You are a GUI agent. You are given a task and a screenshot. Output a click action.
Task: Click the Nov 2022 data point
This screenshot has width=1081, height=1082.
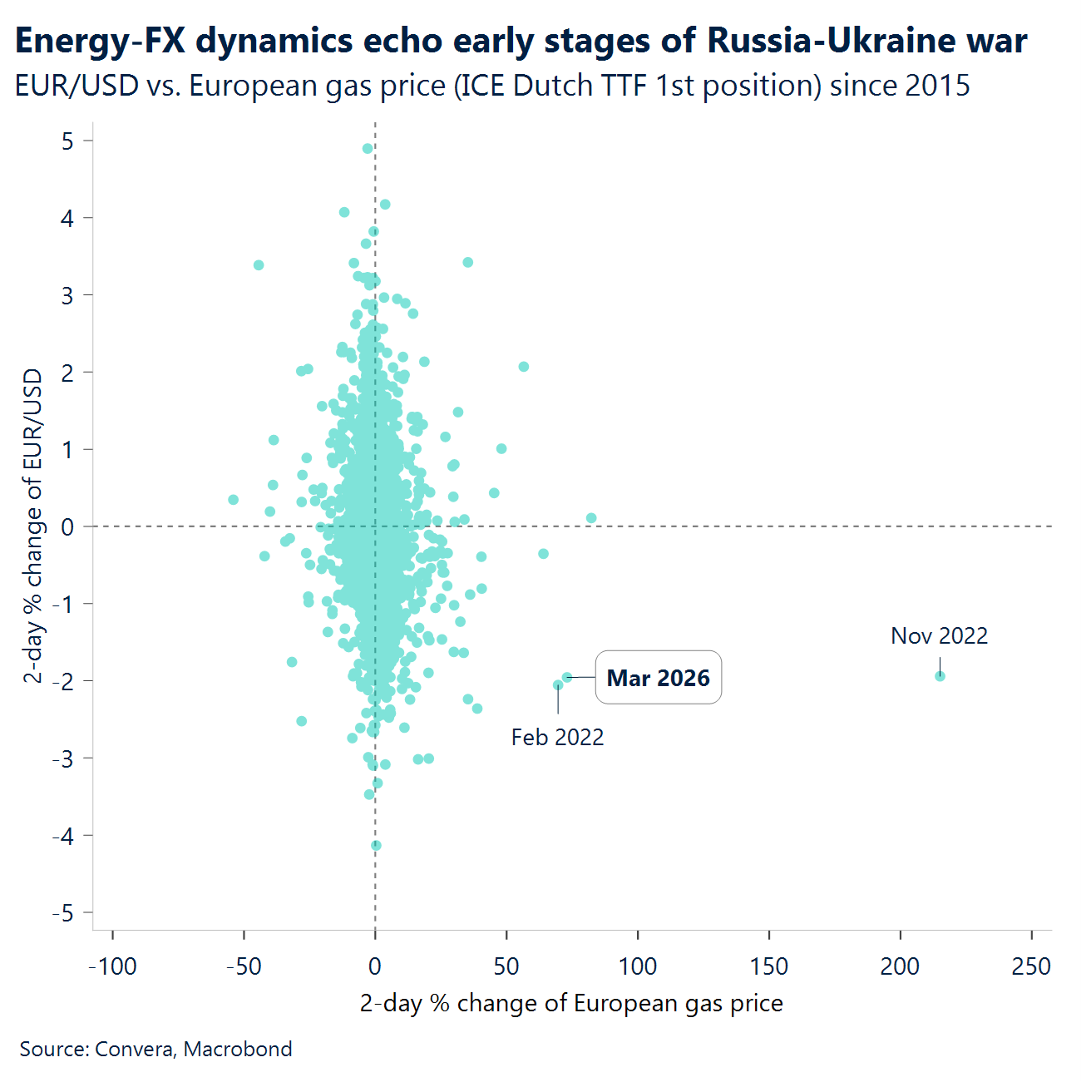click(940, 676)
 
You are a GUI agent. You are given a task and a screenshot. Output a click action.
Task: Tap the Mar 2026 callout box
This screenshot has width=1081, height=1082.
click(658, 678)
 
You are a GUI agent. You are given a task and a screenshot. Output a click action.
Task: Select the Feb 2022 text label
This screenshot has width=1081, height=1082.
click(557, 738)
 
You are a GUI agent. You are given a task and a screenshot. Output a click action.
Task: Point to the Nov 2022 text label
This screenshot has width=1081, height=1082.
click(939, 636)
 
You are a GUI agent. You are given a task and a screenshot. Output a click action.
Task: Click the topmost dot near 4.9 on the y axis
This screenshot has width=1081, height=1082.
click(368, 149)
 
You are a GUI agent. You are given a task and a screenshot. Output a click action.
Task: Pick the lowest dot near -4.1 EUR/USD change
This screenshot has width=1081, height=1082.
click(376, 846)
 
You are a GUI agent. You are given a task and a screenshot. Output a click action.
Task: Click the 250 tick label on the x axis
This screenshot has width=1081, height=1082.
click(1031, 966)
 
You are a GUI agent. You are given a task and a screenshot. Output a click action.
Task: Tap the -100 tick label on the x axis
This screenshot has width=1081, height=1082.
click(112, 966)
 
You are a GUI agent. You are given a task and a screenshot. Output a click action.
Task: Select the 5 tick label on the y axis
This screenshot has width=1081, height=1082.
click(67, 141)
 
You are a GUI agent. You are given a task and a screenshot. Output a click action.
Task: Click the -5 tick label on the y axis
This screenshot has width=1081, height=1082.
click(62, 913)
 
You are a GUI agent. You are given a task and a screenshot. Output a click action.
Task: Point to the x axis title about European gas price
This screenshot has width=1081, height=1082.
click(571, 1003)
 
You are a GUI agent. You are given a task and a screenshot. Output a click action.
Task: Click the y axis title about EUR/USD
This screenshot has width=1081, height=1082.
click(32, 526)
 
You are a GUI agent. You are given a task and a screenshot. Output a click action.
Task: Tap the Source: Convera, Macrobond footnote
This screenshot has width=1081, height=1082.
click(155, 1049)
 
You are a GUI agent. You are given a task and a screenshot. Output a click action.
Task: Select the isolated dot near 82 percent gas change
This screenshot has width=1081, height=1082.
click(591, 518)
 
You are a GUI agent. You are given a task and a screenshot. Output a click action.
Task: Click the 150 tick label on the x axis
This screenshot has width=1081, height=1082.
click(768, 966)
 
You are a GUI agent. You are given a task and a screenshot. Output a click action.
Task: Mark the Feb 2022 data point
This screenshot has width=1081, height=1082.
click(558, 685)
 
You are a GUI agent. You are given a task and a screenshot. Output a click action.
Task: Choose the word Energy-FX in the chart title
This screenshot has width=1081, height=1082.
click(100, 41)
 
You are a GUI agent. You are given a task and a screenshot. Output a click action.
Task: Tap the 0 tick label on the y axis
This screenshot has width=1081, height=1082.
click(67, 526)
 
